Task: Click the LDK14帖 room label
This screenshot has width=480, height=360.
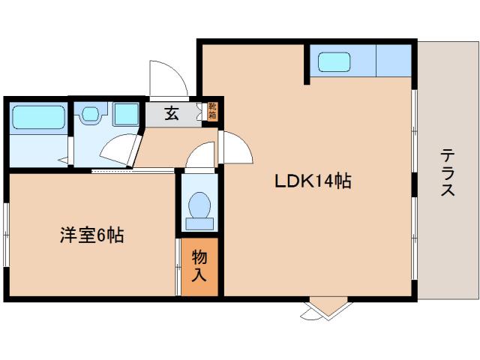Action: (x=313, y=181)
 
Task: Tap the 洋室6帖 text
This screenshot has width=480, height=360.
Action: (x=91, y=235)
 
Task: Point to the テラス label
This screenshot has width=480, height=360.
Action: (x=448, y=172)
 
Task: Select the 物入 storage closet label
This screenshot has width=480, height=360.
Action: (x=199, y=265)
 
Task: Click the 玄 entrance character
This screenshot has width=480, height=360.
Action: (x=172, y=114)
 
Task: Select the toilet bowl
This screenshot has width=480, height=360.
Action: (x=199, y=207)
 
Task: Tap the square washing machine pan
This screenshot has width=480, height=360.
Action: (x=126, y=114)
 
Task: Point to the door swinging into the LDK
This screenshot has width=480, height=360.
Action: (x=235, y=147)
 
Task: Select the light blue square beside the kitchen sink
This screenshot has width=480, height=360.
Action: (x=394, y=60)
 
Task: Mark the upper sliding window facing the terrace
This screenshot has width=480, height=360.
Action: (x=414, y=131)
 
